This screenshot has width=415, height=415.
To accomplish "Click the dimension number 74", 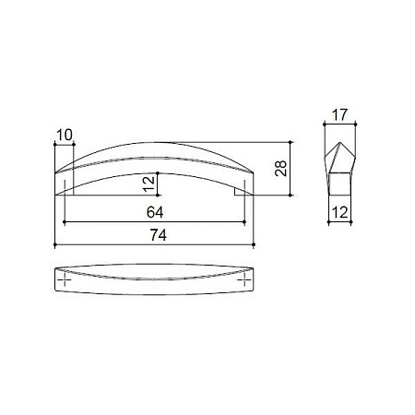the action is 159,235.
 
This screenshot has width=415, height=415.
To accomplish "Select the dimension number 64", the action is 155,212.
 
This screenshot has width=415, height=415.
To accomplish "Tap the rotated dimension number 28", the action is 281,169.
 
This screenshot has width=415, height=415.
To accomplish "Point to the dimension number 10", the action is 65,135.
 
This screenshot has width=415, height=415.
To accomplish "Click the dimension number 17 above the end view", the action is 339,115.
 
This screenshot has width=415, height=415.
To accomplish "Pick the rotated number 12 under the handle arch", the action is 149,184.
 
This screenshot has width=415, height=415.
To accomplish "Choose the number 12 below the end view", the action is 340,212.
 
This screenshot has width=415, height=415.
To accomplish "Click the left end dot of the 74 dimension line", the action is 55,244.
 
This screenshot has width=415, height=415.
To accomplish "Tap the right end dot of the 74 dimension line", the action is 254,244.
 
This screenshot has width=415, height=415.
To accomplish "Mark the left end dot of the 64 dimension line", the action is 65,221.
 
